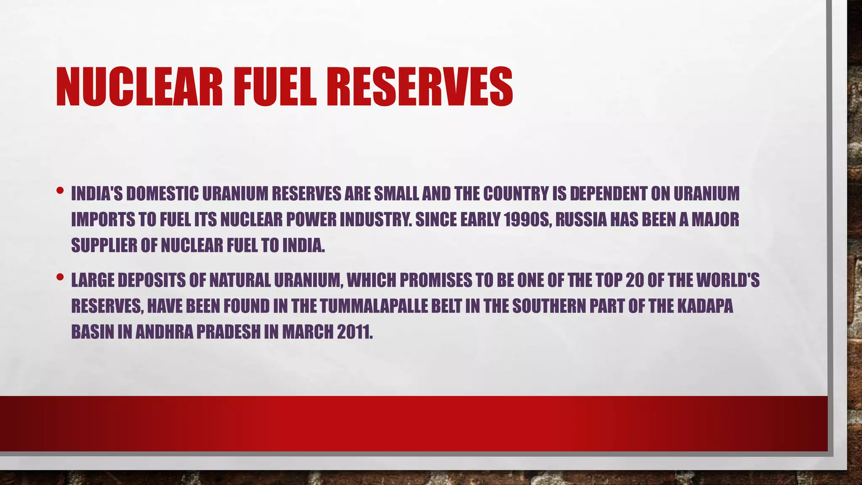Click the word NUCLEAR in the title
click(139, 88)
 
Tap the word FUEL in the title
click(278, 88)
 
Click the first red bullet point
click(60, 190)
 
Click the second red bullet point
click(60, 277)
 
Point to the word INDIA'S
click(97, 194)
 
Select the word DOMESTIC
click(162, 194)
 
